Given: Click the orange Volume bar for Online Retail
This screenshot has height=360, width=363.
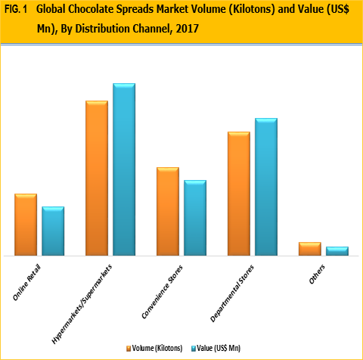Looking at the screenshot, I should point(26,225).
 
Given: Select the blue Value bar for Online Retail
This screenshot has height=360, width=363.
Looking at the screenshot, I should point(53,231).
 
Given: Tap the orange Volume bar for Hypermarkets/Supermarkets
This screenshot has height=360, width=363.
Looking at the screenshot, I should point(97,178).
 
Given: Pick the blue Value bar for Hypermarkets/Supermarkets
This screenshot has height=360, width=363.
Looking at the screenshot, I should point(124,169).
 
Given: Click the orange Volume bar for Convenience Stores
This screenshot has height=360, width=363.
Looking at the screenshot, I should point(168,211).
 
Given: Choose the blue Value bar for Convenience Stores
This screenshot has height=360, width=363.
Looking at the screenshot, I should point(195,218).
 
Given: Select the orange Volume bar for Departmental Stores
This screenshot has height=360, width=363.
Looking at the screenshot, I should point(239,194).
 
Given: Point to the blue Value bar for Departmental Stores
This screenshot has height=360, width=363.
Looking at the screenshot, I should point(266,187).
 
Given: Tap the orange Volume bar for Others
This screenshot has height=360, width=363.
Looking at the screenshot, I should point(310,249).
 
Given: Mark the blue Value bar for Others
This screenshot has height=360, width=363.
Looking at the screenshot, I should point(337,251).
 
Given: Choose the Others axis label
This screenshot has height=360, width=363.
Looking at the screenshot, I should point(318,275).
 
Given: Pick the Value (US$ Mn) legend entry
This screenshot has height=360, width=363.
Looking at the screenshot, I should point(220,347).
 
